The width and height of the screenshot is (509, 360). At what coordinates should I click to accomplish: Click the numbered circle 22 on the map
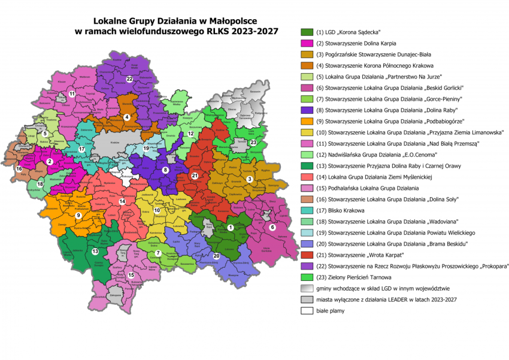point(129,78)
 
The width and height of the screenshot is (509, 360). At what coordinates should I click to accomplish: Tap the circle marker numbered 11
point(71,93)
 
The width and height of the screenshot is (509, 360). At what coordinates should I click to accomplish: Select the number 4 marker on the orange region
point(126,117)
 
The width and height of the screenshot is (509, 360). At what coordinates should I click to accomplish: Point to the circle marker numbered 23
point(253,143)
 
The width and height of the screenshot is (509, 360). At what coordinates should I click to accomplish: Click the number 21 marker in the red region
point(194,175)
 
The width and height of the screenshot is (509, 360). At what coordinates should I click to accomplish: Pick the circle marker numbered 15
point(131,275)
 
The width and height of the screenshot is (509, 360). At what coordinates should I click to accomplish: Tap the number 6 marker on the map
point(272,227)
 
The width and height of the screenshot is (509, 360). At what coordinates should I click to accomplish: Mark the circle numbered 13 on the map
point(95,251)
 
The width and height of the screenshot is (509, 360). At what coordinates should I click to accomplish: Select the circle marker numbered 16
point(19,170)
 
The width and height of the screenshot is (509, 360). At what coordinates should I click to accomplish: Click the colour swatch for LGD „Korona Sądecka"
point(307,32)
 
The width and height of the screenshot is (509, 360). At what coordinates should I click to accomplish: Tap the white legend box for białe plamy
point(307,311)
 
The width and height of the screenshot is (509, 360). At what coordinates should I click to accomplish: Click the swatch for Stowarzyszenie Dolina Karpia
point(307,43)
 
